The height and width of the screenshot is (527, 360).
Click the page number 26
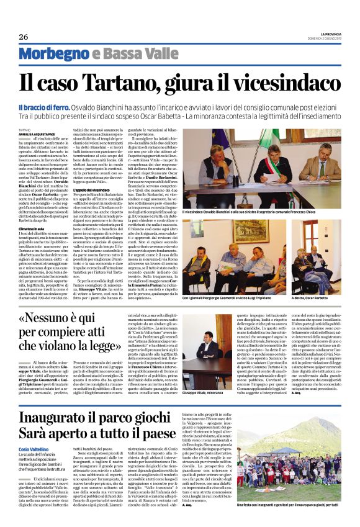[x=24, y=37]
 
